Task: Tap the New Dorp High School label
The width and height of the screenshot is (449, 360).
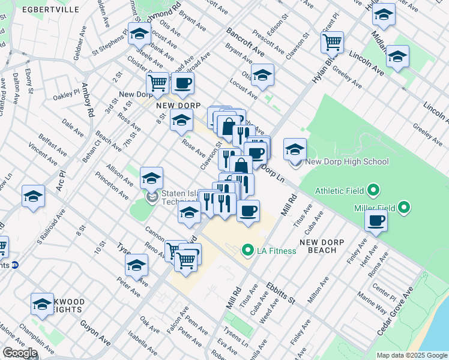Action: (x=346, y=161)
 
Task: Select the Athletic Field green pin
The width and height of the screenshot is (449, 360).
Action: (x=373, y=191)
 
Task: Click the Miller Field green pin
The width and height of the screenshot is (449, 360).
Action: (x=404, y=208)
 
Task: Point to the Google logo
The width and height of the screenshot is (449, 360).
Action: (x=20, y=353)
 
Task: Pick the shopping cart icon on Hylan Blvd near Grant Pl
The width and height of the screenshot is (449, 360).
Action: (x=331, y=43)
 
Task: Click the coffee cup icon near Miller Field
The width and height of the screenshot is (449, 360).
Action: (x=376, y=221)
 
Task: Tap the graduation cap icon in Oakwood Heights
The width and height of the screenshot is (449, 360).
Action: (x=42, y=304)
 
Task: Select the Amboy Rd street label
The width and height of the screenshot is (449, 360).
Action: (x=89, y=100)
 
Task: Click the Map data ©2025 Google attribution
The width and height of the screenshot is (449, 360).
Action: (x=412, y=355)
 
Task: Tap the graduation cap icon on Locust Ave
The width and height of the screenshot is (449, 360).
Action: (x=262, y=76)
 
